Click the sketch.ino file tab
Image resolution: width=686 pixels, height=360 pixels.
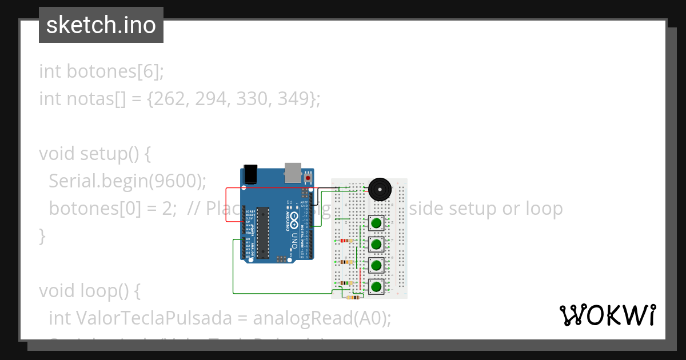click(101, 25)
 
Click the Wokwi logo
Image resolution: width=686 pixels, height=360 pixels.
click(607, 315)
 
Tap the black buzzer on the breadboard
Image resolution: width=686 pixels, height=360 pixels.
click(379, 189)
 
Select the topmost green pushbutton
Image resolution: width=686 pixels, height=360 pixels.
click(376, 223)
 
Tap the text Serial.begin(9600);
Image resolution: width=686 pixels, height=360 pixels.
click(127, 181)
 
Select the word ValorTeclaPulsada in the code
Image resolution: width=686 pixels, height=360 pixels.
click(151, 318)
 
